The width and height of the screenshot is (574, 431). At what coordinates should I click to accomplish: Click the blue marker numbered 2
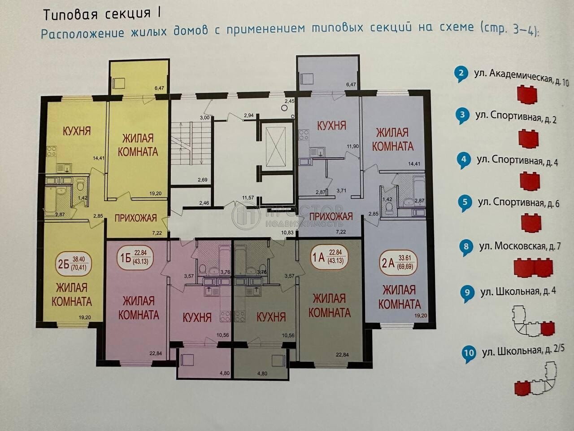tap(461, 74)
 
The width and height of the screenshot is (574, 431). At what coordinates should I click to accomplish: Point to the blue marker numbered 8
tap(466, 247)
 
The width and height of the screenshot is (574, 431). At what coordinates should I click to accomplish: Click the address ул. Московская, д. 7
tap(520, 246)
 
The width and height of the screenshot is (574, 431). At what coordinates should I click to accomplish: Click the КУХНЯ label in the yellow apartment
tap(77, 131)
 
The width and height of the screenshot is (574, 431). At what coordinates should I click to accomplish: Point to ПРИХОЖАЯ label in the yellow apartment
tap(136, 218)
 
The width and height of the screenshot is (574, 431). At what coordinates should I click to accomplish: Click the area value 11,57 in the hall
tap(248, 198)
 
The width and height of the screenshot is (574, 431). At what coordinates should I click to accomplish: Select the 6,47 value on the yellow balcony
tap(159, 88)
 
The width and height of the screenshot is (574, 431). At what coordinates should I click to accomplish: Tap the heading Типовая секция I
tap(102, 14)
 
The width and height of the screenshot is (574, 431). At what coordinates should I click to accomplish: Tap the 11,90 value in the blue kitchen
tap(353, 146)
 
